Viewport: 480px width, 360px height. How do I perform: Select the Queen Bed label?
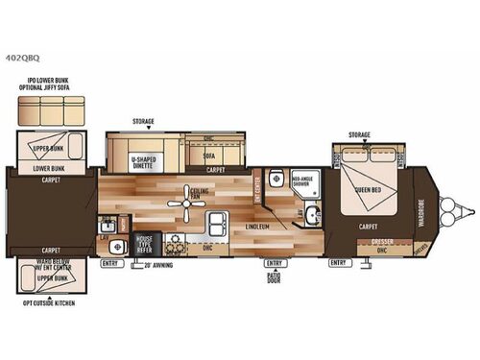point(369,189)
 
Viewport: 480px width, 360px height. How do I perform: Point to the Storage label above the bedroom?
point(359,134)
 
